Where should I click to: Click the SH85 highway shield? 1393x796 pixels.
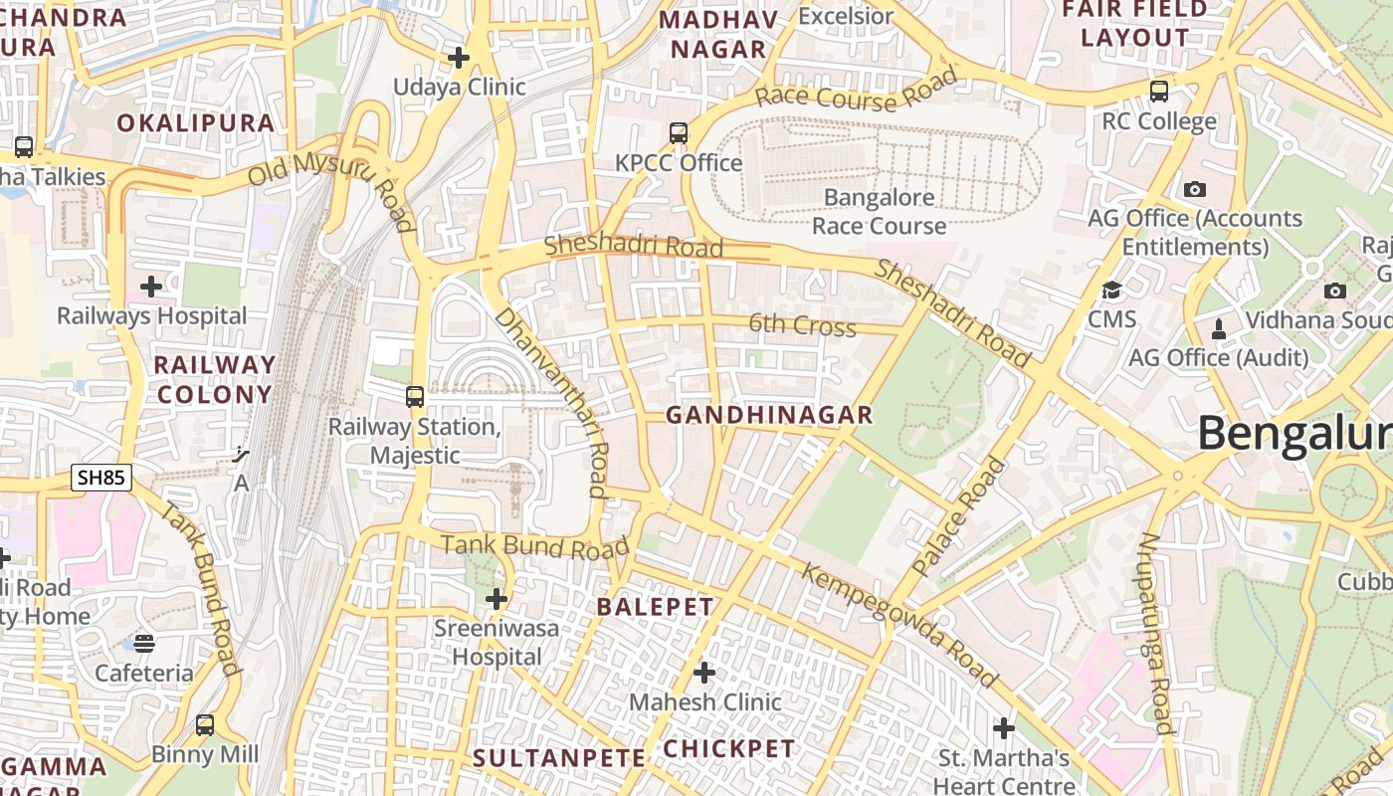(101, 478)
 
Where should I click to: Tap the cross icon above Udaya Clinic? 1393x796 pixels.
(459, 58)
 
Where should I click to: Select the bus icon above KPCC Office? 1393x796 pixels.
(679, 132)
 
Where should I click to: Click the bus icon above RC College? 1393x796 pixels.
(1159, 92)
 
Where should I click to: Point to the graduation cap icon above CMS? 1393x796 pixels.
(1111, 291)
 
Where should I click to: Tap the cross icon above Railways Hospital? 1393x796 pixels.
(151, 288)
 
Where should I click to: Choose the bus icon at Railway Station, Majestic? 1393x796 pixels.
(415, 397)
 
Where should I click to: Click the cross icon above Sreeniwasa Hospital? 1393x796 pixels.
(497, 599)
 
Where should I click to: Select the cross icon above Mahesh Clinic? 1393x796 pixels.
(704, 674)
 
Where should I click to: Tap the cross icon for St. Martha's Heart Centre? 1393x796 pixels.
(1004, 729)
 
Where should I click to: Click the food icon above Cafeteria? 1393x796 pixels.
(144, 644)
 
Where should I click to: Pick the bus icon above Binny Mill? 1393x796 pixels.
(205, 725)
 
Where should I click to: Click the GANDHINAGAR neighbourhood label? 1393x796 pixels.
(768, 415)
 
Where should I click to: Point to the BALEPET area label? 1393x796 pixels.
(655, 607)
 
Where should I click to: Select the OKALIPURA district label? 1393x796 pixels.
(195, 123)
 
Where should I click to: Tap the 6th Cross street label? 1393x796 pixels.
(802, 325)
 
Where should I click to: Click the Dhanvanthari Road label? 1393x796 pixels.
(552, 400)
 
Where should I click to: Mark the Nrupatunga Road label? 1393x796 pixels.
(1156, 633)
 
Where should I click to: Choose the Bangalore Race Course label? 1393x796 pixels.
(879, 212)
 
